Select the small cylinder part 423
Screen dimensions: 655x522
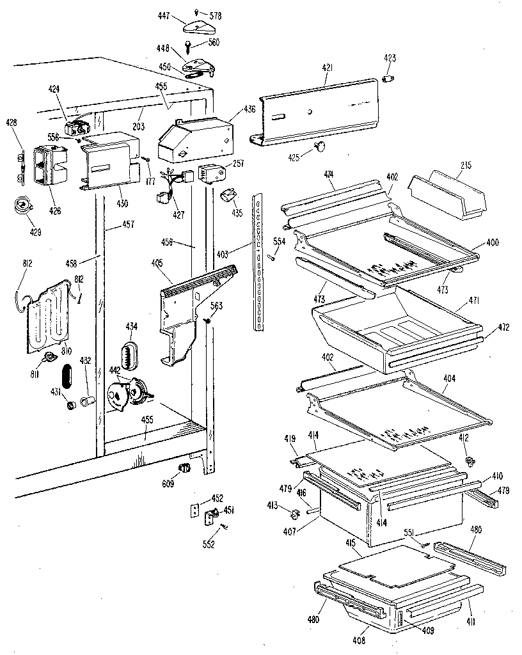click(388, 78)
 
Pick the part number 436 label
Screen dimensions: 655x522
click(249, 110)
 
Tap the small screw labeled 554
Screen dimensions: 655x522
click(272, 258)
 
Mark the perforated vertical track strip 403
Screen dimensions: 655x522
click(258, 262)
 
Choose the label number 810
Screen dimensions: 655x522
click(67, 351)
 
